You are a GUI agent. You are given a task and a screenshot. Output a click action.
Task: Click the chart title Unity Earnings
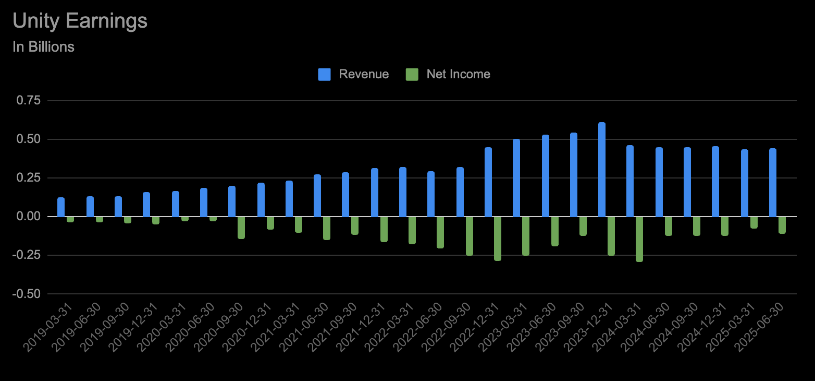[x=80, y=21]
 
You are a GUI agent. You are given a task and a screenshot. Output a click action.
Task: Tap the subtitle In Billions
[x=43, y=47]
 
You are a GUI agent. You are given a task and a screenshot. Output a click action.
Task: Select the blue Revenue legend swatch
[x=324, y=74]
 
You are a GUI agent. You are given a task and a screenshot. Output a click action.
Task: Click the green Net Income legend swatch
[x=412, y=74]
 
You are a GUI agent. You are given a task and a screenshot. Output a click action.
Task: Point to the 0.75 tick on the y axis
[x=29, y=101]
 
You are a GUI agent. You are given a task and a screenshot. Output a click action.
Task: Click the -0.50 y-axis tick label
[x=27, y=294]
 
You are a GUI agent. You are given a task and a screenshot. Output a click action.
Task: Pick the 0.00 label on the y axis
[x=29, y=217]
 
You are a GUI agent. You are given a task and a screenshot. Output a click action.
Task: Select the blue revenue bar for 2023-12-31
[x=602, y=170]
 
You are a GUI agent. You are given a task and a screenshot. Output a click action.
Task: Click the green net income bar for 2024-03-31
[x=639, y=239]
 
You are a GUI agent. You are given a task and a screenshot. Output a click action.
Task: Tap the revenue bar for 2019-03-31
[x=61, y=207]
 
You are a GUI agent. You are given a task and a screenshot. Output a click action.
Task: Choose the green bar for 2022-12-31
[x=498, y=238]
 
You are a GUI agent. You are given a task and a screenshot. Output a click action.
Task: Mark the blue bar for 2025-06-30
[x=773, y=183]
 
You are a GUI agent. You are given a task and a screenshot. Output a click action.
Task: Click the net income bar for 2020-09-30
[x=241, y=228]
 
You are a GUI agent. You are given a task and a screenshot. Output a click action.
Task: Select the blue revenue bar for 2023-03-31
[x=516, y=178]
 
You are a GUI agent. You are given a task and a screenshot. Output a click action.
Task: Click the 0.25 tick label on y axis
[x=29, y=178]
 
